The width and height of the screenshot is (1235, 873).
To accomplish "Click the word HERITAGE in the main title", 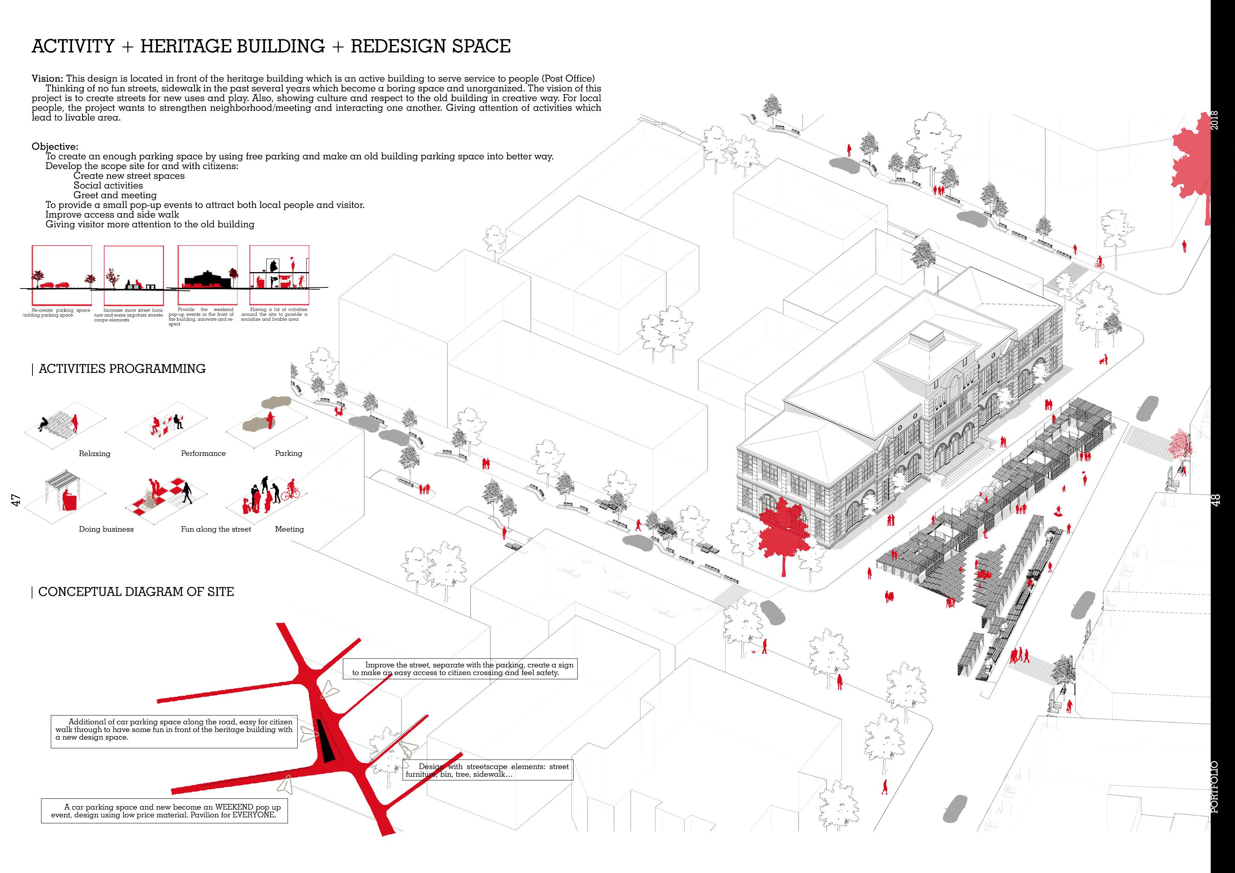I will (232, 46).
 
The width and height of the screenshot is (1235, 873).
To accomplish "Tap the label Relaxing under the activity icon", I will (94, 454).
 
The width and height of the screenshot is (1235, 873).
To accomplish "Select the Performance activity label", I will (203, 453).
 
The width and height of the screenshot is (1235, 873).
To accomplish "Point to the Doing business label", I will (106, 529).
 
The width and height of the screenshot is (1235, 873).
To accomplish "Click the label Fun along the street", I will (216, 529).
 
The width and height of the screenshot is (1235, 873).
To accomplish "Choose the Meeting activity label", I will (289, 529).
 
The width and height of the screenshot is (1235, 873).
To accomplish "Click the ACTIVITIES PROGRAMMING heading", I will (122, 369).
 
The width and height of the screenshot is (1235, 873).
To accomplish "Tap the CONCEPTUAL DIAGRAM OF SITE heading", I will (136, 592).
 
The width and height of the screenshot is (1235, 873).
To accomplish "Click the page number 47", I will (16, 500).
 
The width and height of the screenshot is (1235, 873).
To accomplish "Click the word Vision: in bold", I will (48, 78).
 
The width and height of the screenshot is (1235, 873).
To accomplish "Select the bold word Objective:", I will (55, 147).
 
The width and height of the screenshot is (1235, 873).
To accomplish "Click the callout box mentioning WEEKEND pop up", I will (164, 811).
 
